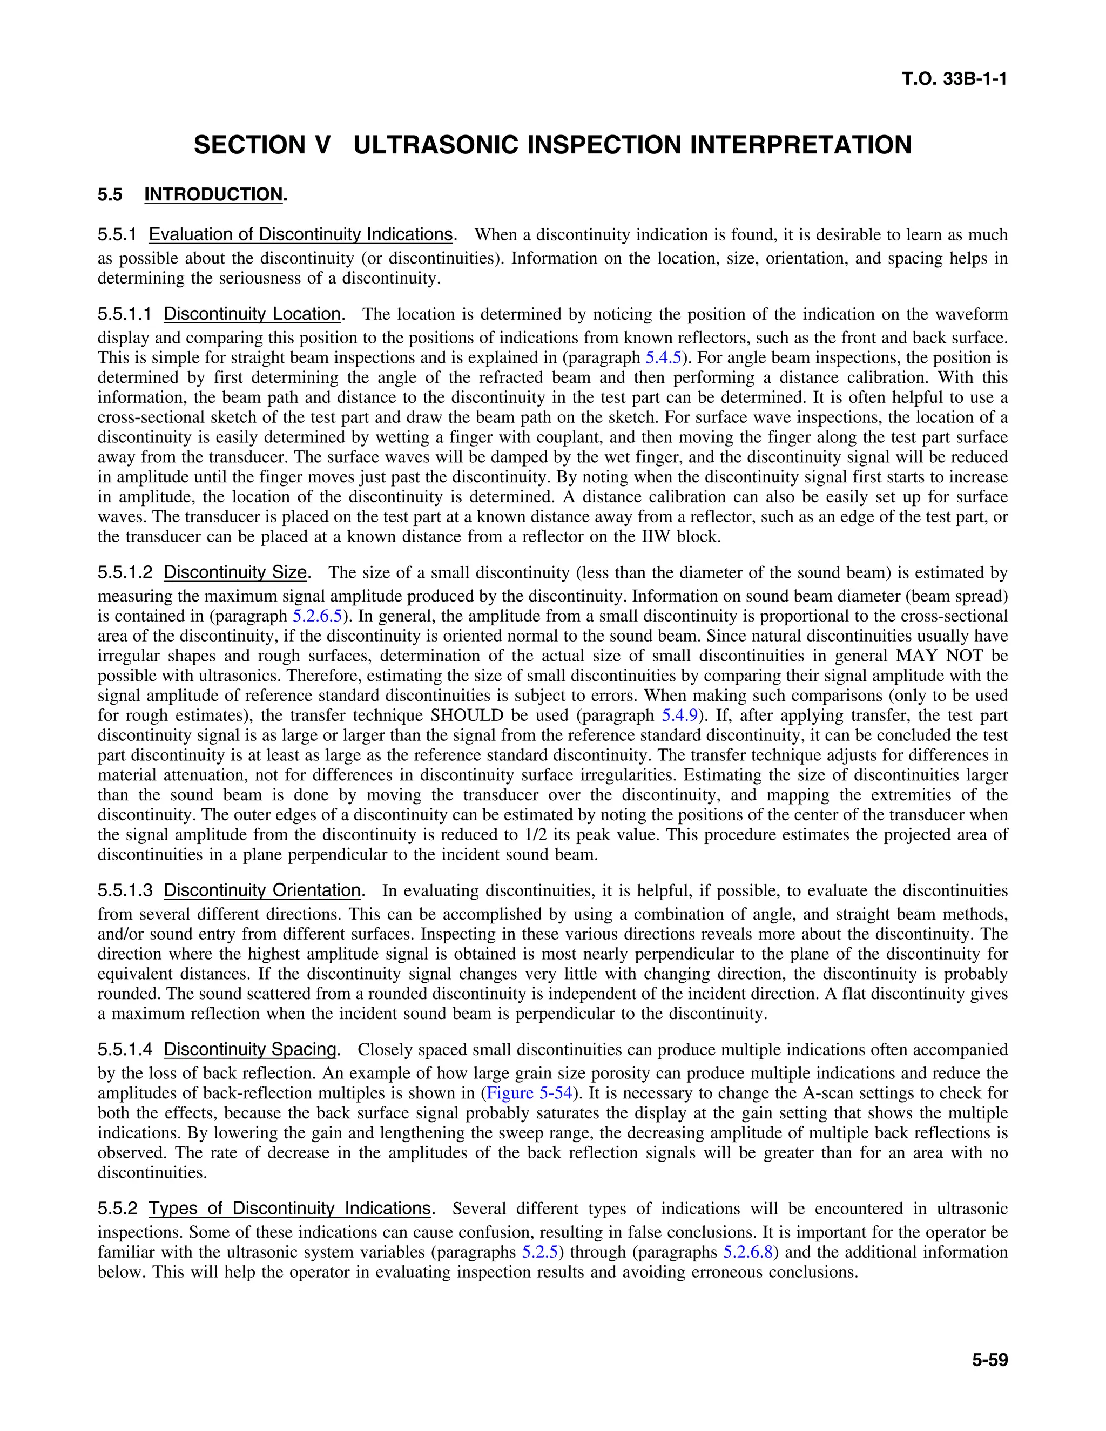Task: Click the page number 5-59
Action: pos(989,1360)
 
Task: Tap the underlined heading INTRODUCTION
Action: pos(213,194)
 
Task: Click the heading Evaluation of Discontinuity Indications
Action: pos(301,234)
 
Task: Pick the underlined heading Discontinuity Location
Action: pos(252,314)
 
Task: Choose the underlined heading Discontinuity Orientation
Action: pos(262,890)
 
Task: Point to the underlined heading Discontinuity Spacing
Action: pos(249,1049)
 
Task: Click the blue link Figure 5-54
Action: pos(529,1093)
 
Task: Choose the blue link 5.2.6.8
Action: pos(747,1252)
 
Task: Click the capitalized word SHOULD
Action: pos(467,715)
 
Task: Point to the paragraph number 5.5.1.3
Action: pos(125,890)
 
